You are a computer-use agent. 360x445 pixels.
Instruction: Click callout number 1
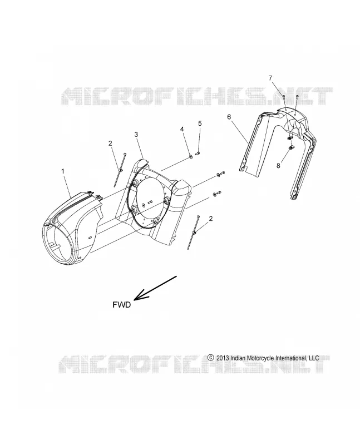pyautogui.click(x=63, y=171)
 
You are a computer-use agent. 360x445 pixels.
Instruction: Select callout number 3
pyautogui.click(x=136, y=134)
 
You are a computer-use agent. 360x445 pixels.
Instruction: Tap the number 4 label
pyautogui.click(x=182, y=130)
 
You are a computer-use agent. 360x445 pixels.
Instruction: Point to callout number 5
pyautogui.click(x=200, y=123)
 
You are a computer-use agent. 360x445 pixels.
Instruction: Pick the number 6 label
pyautogui.click(x=229, y=117)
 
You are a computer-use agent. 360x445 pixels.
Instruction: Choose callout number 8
pyautogui.click(x=278, y=165)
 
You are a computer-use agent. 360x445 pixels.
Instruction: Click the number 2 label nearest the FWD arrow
pyautogui.click(x=211, y=219)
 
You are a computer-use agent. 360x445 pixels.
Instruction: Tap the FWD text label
pyautogui.click(x=121, y=305)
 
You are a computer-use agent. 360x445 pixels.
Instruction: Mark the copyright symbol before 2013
pyautogui.click(x=211, y=358)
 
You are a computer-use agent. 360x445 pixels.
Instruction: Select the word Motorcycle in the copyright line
pyautogui.click(x=262, y=358)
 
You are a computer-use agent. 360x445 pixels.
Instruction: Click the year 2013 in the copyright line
pyautogui.click(x=223, y=358)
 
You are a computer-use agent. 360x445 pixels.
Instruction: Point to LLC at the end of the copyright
pyautogui.click(x=313, y=358)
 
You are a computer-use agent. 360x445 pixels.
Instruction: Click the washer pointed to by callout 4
pyautogui.click(x=191, y=156)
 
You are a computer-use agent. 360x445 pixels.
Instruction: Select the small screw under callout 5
pyautogui.click(x=198, y=154)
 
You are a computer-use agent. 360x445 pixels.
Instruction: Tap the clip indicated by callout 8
pyautogui.click(x=291, y=147)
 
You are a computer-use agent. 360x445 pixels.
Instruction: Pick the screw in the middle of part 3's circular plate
pyautogui.click(x=150, y=203)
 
